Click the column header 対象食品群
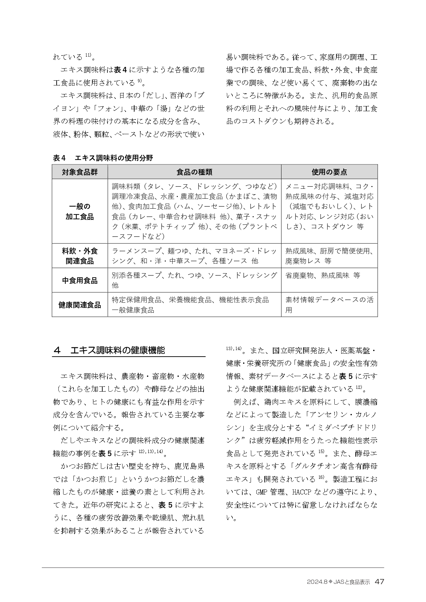point(80,172)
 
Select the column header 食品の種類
point(194,172)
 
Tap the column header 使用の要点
point(329,172)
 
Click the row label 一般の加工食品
point(80,211)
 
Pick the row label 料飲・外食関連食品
point(80,256)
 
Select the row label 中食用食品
point(80,280)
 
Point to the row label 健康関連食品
point(80,305)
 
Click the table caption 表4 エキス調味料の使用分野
point(103,158)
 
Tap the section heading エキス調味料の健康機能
point(117,350)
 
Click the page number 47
point(379,581)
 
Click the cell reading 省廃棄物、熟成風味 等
point(323,275)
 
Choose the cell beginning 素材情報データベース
point(329,305)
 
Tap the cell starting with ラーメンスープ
point(194,256)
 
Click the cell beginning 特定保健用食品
point(191,305)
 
